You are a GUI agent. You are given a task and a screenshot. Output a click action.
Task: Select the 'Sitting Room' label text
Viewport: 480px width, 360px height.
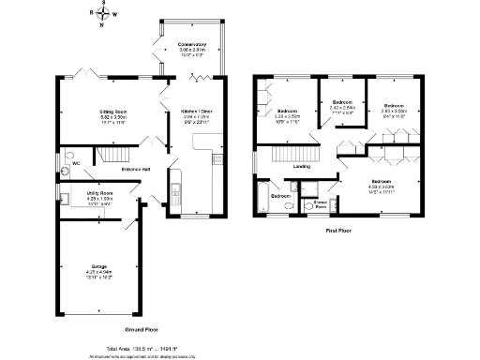(113, 112)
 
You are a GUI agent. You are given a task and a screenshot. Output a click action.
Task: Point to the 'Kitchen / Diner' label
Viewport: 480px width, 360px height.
(196, 112)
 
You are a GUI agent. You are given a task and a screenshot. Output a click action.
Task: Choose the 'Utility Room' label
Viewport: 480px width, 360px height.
(100, 193)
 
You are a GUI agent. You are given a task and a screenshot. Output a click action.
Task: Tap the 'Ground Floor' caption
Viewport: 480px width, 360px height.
(142, 330)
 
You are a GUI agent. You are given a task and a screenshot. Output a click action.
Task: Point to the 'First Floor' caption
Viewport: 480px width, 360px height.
(338, 230)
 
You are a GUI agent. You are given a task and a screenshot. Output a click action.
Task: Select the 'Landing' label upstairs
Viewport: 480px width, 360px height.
(302, 167)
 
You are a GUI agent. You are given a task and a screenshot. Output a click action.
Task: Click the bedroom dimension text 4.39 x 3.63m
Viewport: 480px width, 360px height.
(380, 186)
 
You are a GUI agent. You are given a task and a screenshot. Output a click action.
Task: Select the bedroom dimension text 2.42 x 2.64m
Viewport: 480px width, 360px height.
(341, 107)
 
